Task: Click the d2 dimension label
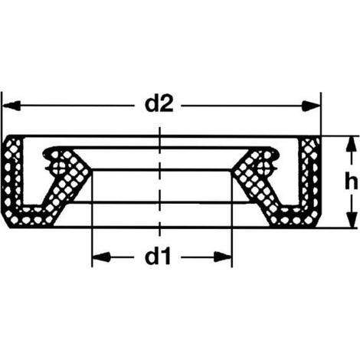click(159, 104)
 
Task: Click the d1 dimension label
click(158, 257)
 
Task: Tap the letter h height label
click(351, 181)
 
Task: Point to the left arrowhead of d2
click(11, 106)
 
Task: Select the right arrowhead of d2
click(311, 106)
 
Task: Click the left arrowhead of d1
click(101, 257)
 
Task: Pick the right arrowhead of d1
click(223, 257)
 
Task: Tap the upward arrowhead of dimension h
click(352, 146)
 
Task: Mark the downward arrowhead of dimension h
click(352, 218)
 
